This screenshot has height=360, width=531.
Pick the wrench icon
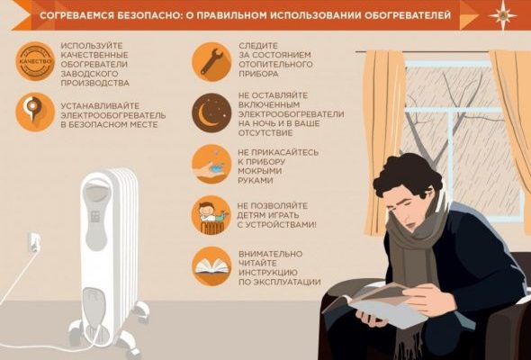click(211, 60)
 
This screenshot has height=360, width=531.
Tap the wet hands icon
click(211, 164)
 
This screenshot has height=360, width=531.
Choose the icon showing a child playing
click(211, 215)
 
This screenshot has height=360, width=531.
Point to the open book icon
click(211, 267)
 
